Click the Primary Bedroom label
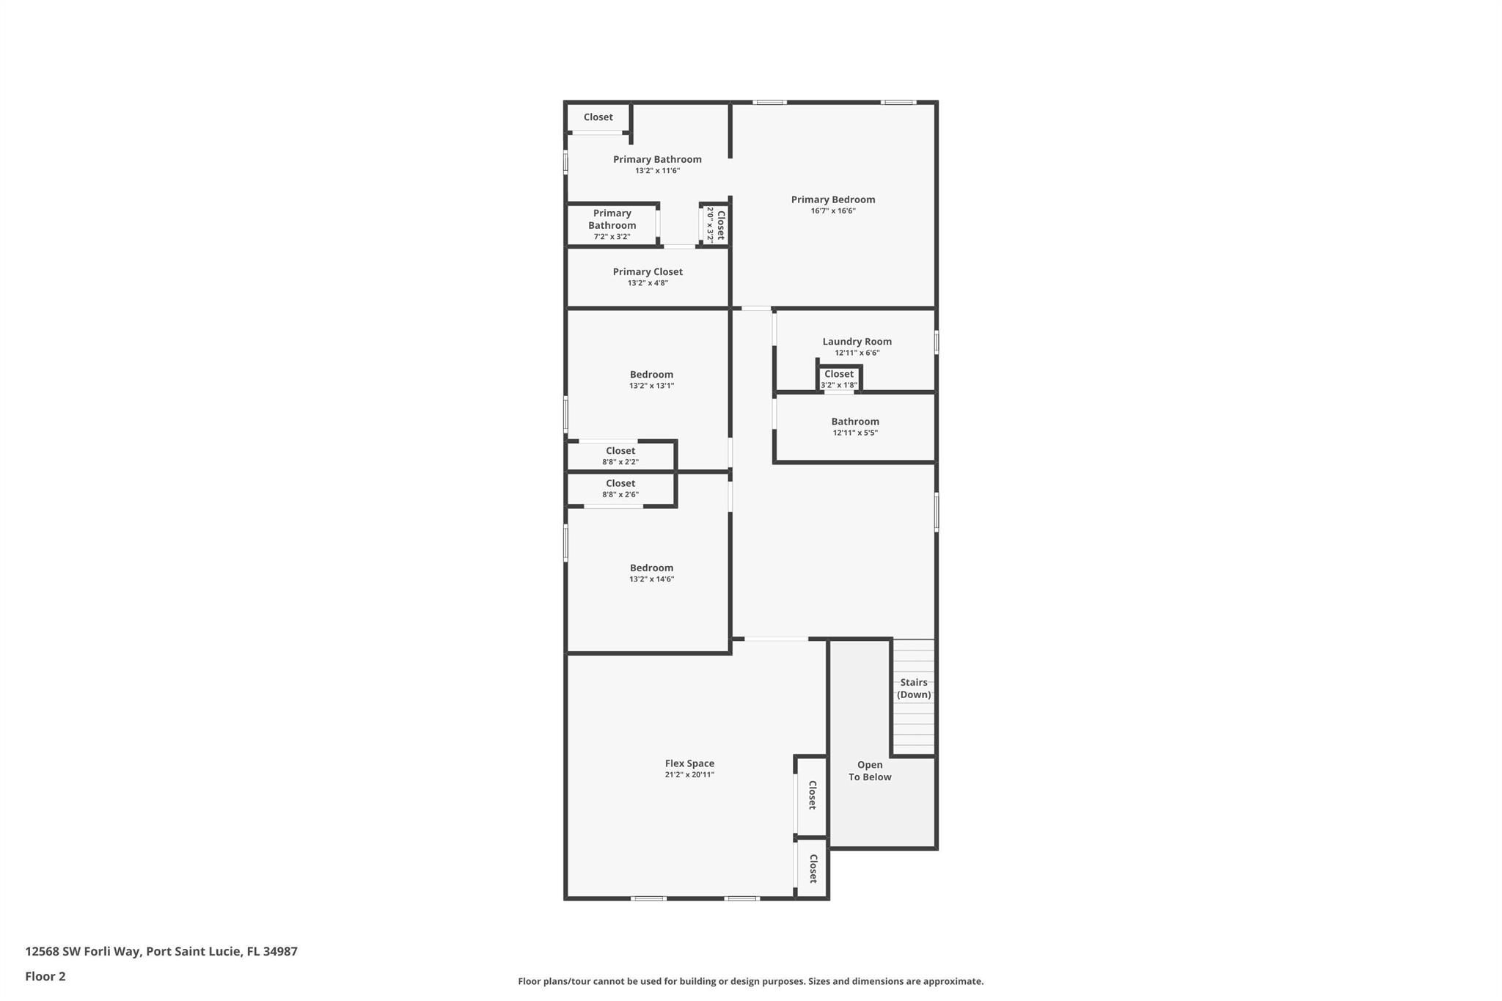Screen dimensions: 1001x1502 [x=832, y=199]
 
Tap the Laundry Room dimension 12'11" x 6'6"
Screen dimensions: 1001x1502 [x=857, y=353]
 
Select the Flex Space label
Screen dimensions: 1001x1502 [x=689, y=763]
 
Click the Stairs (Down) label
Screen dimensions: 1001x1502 [x=914, y=688]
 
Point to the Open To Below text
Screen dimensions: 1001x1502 [x=870, y=771]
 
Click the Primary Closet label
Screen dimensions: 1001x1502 [x=648, y=271]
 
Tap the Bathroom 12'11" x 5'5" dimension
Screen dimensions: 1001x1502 [x=855, y=433]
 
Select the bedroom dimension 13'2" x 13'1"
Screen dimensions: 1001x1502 [x=651, y=386]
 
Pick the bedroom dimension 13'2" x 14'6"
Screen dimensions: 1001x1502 [x=651, y=579]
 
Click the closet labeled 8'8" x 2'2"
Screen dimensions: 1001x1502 [x=620, y=455]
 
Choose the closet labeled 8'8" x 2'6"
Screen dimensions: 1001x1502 [x=620, y=488]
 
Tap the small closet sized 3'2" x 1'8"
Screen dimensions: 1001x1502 [x=839, y=378]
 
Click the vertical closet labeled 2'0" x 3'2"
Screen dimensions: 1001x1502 [x=715, y=224]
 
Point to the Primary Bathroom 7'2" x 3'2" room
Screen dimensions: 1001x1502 [x=612, y=224]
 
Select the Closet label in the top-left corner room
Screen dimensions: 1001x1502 [x=598, y=117]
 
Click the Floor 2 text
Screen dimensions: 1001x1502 [x=45, y=976]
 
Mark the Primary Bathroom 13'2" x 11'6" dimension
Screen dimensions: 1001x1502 [x=657, y=171]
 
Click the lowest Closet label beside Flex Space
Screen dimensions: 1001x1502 [x=813, y=868]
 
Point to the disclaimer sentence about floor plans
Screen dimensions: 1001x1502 [x=750, y=981]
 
